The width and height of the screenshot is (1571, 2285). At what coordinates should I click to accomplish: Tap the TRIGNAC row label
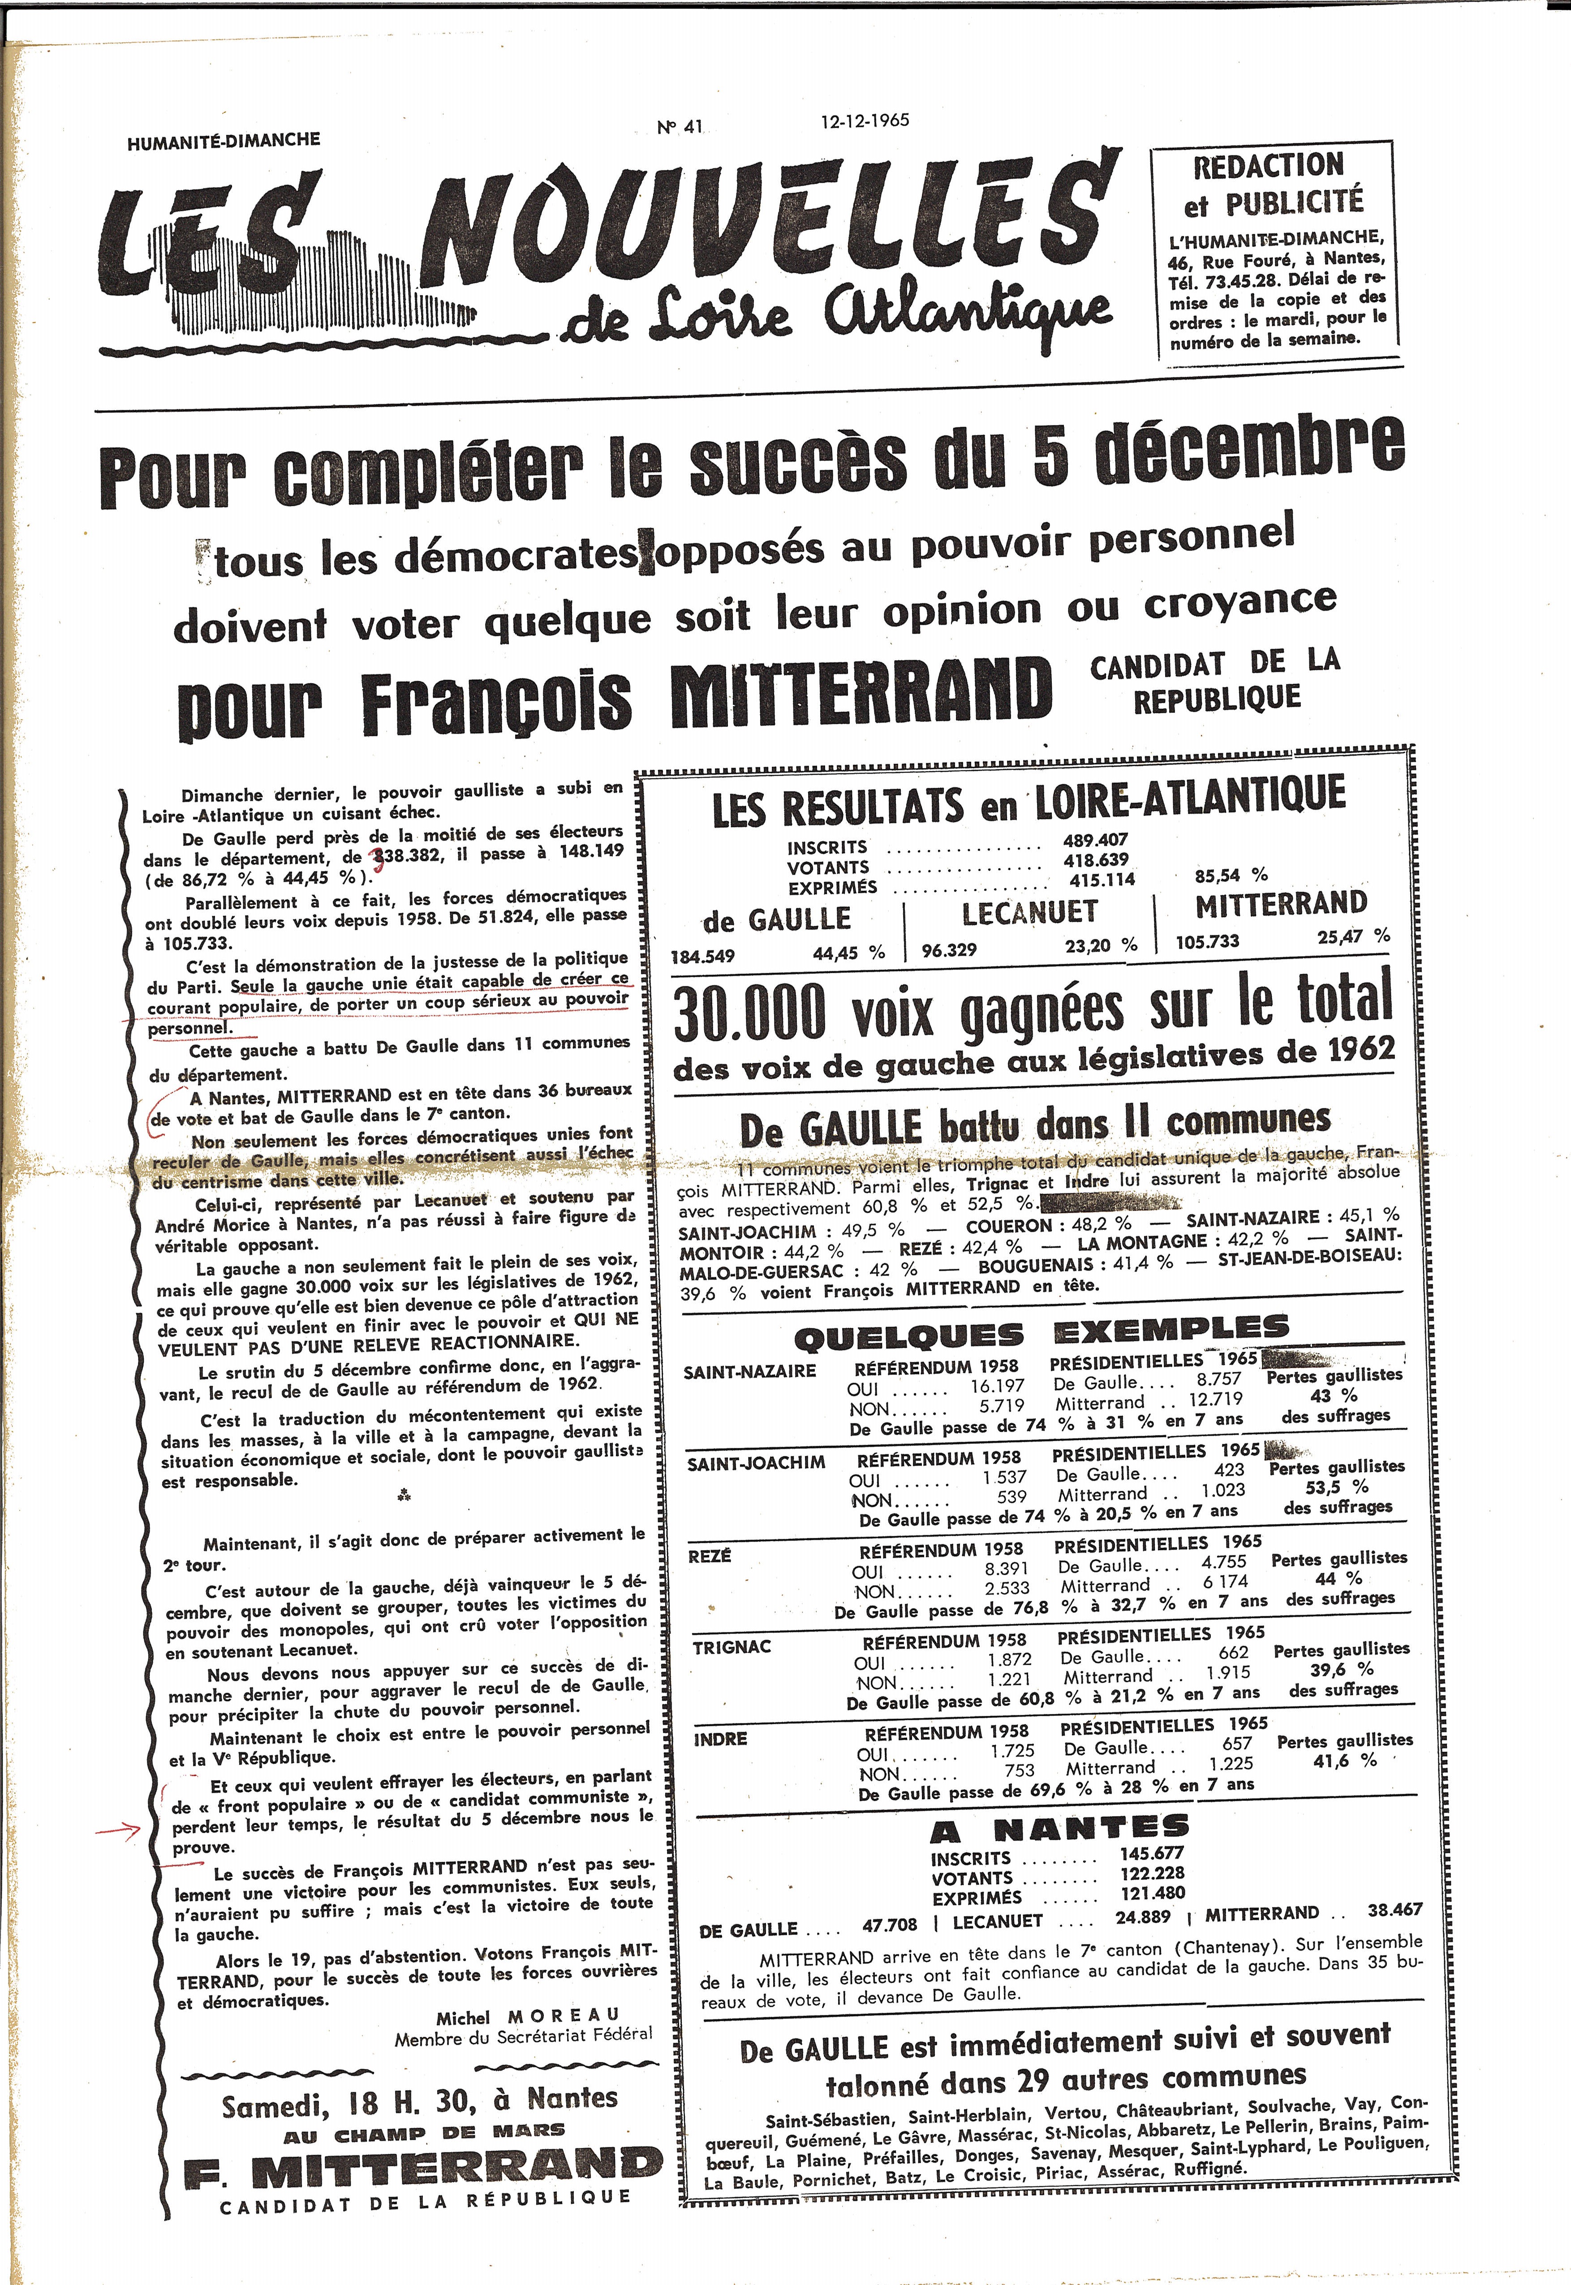click(732, 1647)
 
